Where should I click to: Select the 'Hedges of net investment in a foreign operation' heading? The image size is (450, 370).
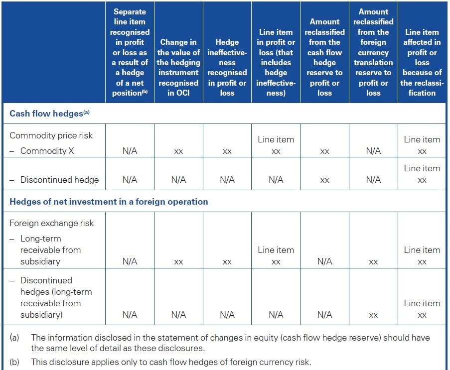(x=109, y=202)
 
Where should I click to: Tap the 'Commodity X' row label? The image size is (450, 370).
(x=47, y=151)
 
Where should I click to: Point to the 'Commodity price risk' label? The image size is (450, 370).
(x=51, y=135)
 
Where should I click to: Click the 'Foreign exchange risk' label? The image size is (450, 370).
(x=52, y=223)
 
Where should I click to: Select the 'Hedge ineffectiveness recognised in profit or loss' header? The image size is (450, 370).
(x=227, y=68)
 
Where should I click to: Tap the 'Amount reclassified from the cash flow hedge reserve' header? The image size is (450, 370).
(x=324, y=57)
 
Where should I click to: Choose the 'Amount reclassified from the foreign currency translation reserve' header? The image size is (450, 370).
(x=373, y=52)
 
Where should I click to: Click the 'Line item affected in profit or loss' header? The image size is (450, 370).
(x=422, y=63)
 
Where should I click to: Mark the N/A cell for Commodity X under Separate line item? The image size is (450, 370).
(x=130, y=151)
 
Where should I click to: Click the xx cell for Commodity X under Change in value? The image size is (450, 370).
(x=178, y=151)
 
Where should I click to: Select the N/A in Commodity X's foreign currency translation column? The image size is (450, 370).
(x=373, y=151)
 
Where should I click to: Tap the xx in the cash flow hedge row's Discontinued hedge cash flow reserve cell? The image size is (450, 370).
(x=324, y=180)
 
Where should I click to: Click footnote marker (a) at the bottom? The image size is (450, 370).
(x=14, y=338)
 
